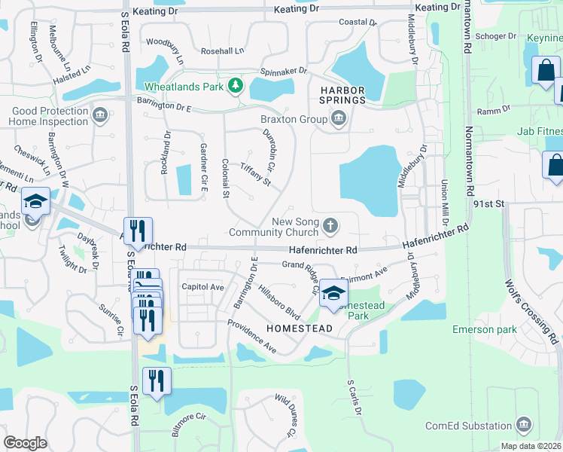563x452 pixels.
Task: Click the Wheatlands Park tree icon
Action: [x=236, y=87]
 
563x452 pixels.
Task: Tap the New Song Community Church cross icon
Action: [x=330, y=225]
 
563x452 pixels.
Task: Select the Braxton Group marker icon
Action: [x=339, y=119]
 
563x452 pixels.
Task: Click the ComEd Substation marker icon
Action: [x=525, y=425]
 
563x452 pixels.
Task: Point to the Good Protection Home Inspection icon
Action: [x=99, y=116]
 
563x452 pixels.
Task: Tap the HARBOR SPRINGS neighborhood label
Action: [x=342, y=95]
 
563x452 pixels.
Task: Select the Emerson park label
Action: [x=484, y=329]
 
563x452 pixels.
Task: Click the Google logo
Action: [x=26, y=442]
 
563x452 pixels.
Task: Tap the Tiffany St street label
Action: [x=255, y=174]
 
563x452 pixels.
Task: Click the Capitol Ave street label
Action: [x=202, y=287]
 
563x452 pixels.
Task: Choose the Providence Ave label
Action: [x=252, y=336]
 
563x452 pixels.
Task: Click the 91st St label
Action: [x=487, y=203]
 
